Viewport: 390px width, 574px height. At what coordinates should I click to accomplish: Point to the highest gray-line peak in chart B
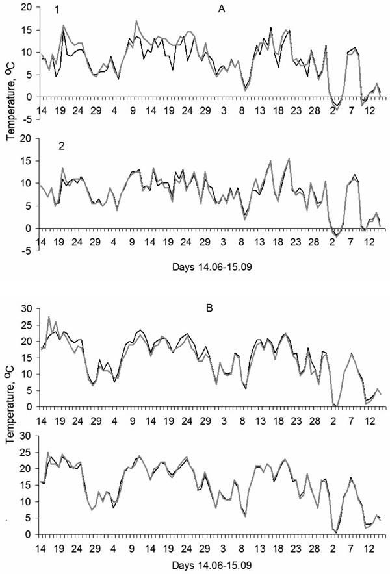click(x=49, y=317)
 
